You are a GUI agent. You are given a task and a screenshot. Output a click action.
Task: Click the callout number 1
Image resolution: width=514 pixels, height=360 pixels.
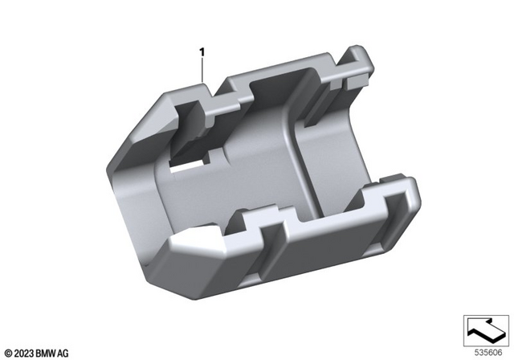click(202, 52)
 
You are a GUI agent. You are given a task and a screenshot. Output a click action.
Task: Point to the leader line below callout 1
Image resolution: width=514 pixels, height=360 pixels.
click(202, 71)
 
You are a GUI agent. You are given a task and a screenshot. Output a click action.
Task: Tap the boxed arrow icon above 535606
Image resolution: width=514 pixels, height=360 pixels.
click(486, 329)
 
